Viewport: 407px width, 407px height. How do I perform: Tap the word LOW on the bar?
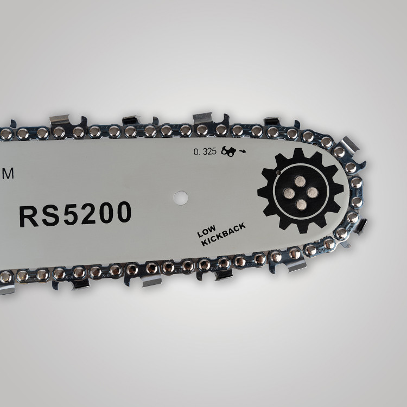pyautogui.click(x=207, y=231)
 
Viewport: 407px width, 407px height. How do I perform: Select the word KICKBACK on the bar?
pyautogui.click(x=224, y=234)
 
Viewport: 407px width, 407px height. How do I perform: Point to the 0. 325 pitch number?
pyautogui.click(x=205, y=151)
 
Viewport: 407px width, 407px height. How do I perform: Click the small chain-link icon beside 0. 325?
pyautogui.click(x=228, y=151)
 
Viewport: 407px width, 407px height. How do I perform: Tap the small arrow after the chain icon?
pyautogui.click(x=243, y=151)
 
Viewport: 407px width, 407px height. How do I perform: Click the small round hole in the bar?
pyautogui.click(x=181, y=198)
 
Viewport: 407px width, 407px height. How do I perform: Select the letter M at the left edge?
pyautogui.click(x=8, y=174)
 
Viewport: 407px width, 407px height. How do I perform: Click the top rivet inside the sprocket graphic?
pyautogui.click(x=300, y=181)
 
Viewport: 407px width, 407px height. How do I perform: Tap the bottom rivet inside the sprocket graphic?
pyautogui.click(x=301, y=205)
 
